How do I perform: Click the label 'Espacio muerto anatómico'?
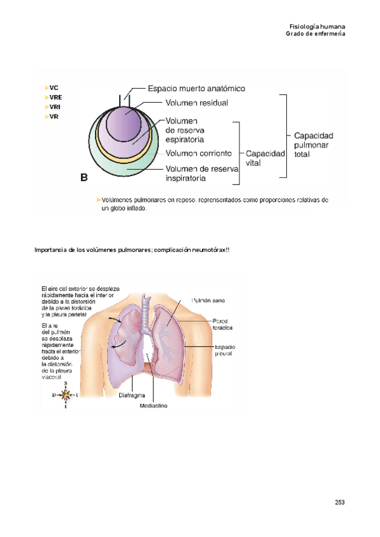click(x=196, y=89)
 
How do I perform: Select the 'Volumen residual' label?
click(x=197, y=102)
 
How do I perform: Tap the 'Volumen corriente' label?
click(x=198, y=153)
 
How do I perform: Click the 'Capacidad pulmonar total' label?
click(x=313, y=144)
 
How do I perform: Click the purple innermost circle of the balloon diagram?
click(x=126, y=120)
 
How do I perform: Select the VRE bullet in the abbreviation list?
click(x=55, y=98)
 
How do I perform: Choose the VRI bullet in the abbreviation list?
click(x=54, y=107)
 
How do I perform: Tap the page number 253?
click(x=339, y=502)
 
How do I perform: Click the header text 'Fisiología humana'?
click(x=317, y=27)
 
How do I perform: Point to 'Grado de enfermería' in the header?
click(x=315, y=34)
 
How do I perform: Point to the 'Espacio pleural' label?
click(x=225, y=350)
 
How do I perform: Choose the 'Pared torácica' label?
click(x=223, y=324)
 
